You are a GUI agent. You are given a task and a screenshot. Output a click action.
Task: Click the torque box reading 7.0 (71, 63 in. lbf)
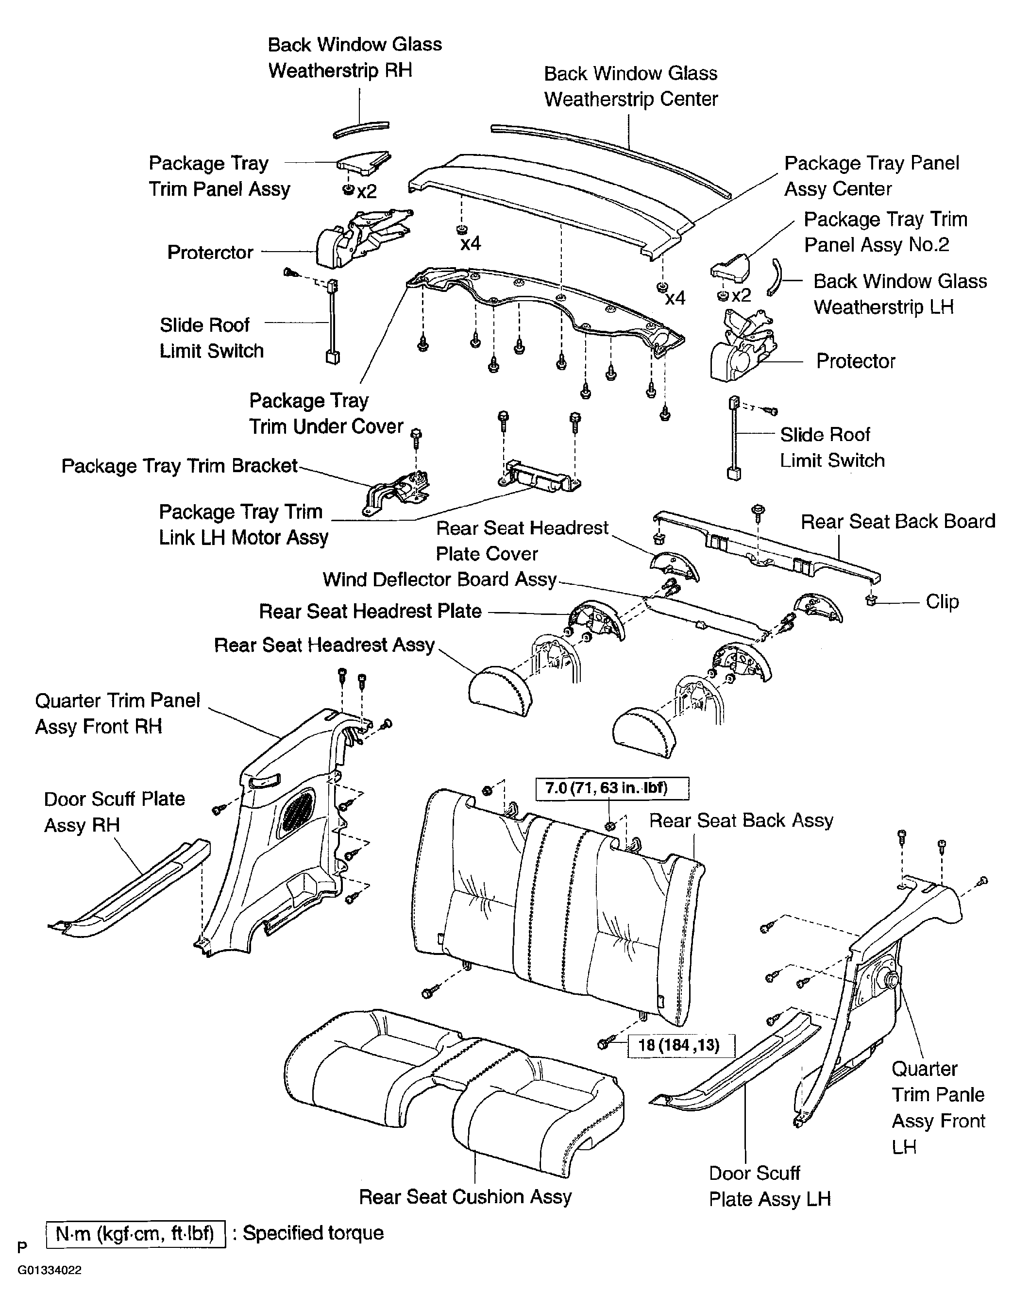(612, 788)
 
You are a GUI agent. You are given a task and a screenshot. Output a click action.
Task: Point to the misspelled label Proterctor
(210, 252)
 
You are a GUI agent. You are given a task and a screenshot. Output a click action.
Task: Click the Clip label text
(942, 601)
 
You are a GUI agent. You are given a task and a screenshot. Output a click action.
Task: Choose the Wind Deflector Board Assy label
(440, 579)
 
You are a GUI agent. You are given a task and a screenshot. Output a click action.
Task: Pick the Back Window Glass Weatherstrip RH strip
(361, 130)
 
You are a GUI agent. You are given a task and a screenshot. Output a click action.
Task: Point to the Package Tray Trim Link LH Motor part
(539, 476)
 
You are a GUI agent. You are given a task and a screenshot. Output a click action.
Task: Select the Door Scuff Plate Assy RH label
(114, 812)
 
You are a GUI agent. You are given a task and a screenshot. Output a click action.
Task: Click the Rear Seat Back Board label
(898, 521)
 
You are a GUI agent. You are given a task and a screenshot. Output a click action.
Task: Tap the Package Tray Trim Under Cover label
(326, 413)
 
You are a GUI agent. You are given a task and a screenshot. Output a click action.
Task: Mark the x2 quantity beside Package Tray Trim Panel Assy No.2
(741, 295)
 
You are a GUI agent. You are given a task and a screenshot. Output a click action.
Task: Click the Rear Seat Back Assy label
(741, 820)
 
